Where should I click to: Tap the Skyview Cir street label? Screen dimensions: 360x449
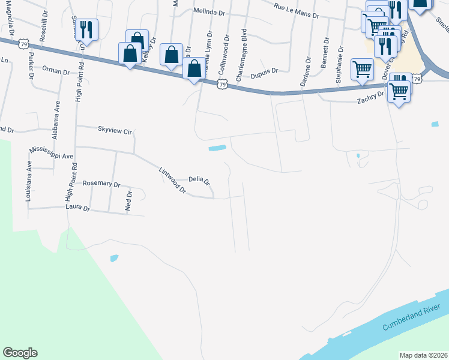pos(114,129)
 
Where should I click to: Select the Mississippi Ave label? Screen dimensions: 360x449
pos(52,152)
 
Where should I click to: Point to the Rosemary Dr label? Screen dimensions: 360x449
pos(101,184)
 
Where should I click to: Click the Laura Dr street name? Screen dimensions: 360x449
pos(77,209)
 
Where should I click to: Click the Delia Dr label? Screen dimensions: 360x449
pos(199,179)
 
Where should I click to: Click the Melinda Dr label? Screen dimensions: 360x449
pos(209,11)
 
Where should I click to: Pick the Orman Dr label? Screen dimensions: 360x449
pos(56,71)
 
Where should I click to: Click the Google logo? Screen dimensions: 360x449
pos(20,353)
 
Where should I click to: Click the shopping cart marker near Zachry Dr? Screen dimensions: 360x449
pos(399,91)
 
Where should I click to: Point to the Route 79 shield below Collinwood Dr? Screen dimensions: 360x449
pos(223,85)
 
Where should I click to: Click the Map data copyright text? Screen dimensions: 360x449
pos(423,355)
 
